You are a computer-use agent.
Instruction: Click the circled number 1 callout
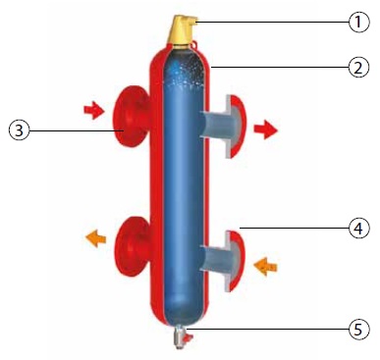click(x=358, y=23)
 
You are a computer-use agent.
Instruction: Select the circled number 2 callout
click(x=358, y=68)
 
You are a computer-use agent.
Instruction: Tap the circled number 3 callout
click(x=19, y=130)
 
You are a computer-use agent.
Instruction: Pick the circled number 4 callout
click(x=358, y=228)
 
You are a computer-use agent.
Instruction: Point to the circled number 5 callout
click(x=358, y=329)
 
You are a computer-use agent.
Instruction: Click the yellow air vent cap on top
click(x=182, y=29)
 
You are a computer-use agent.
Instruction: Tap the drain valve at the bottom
click(x=182, y=337)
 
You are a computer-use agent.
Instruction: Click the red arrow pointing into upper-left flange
click(x=94, y=110)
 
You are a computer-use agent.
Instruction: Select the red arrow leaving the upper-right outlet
click(x=266, y=129)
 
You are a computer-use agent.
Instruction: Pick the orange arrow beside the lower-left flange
click(x=96, y=238)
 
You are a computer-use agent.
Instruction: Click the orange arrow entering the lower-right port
click(x=265, y=267)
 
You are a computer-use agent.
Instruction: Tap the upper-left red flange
click(x=131, y=116)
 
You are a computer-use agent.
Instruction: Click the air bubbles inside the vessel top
click(x=186, y=73)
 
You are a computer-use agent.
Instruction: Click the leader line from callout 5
click(x=268, y=329)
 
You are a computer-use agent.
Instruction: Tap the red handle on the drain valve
click(x=189, y=338)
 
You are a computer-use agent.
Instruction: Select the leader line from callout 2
click(x=280, y=68)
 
